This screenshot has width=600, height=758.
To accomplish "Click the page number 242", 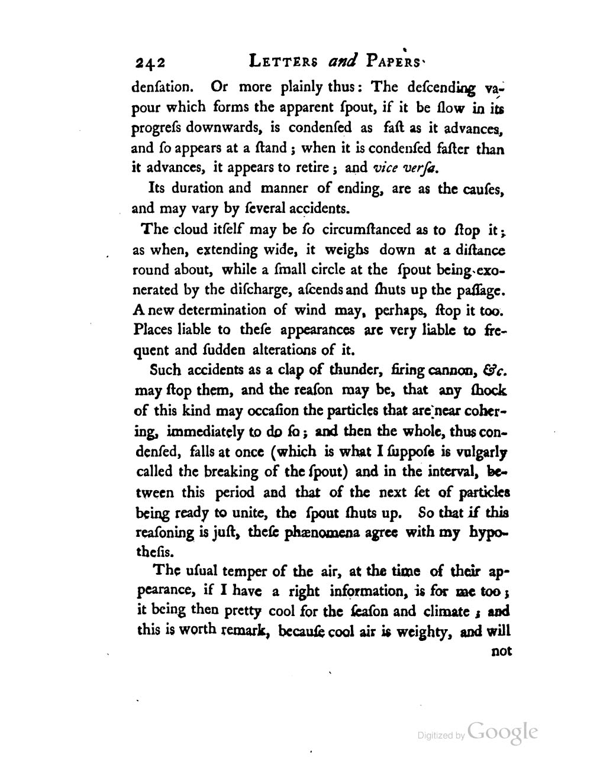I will click(151, 63).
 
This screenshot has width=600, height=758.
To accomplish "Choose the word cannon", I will click(450, 371).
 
